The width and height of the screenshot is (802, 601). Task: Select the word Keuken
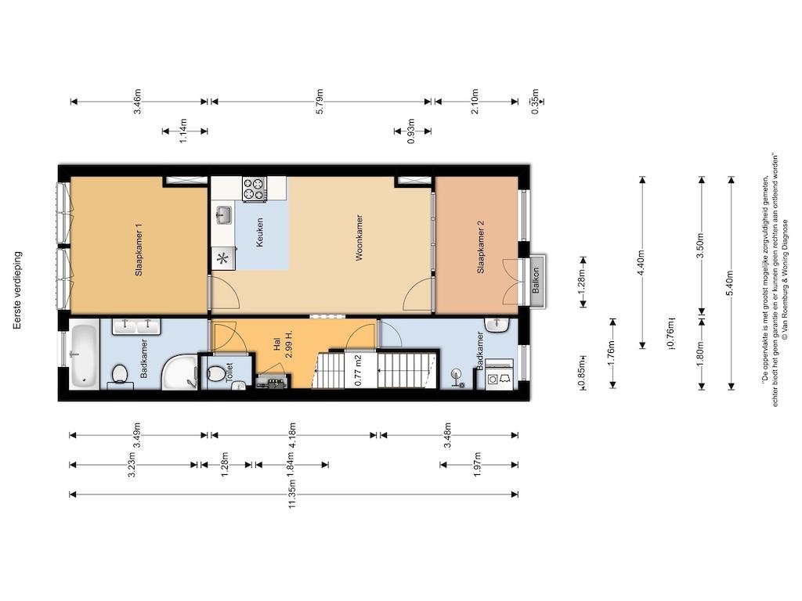pyautogui.click(x=259, y=232)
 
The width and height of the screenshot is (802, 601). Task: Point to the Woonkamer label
pyautogui.click(x=359, y=237)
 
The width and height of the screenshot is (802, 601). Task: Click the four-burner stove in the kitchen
pyautogui.click(x=253, y=189)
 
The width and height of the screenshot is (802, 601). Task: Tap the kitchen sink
pyautogui.click(x=223, y=214)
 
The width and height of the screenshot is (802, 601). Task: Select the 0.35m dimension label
pyautogui.click(x=535, y=106)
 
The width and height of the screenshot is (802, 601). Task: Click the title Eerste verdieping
pyautogui.click(x=18, y=293)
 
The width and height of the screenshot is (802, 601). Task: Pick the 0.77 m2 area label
pyautogui.click(x=357, y=370)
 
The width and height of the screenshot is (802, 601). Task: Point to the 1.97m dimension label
pyautogui.click(x=478, y=464)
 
